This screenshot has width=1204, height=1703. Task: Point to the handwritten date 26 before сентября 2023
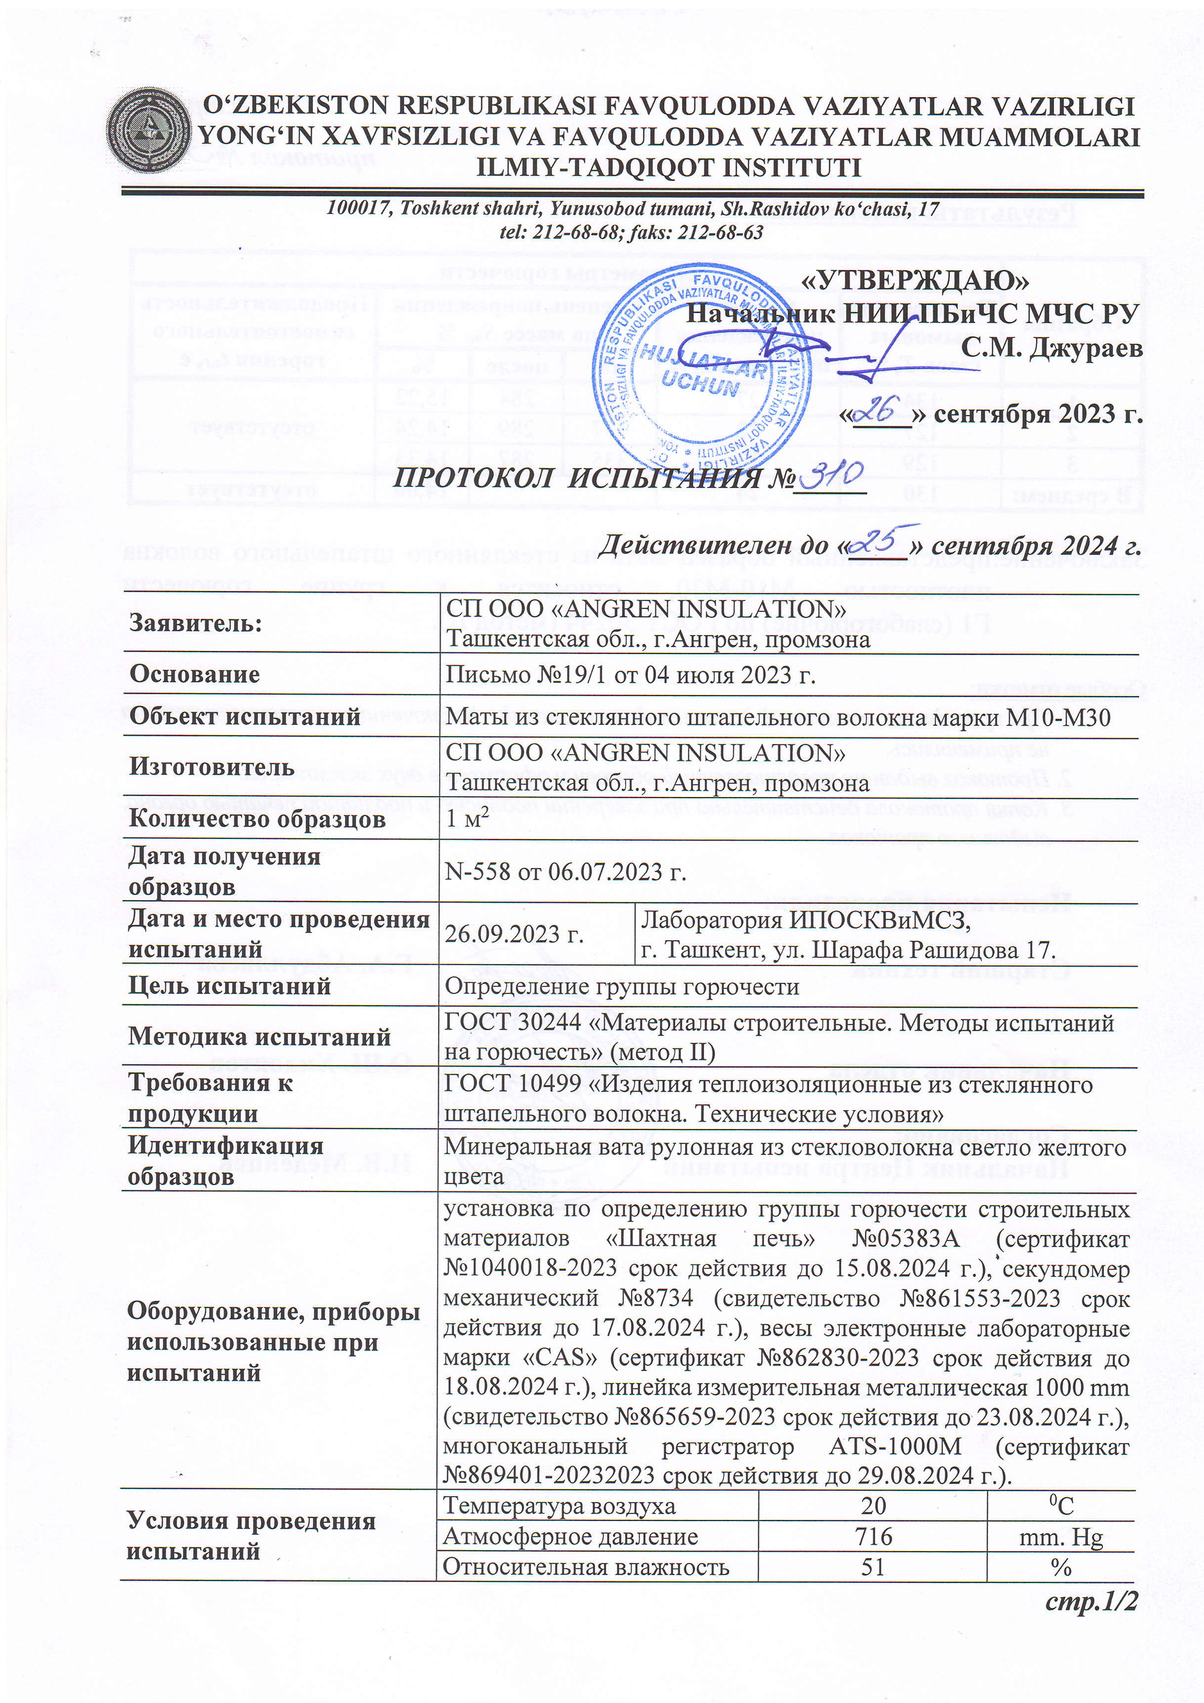coord(882,409)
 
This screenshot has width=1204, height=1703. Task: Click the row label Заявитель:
coord(196,623)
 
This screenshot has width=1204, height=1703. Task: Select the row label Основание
coord(194,674)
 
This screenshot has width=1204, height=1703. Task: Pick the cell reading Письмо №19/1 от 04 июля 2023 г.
coord(630,674)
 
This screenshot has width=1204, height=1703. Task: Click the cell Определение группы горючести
coord(622,986)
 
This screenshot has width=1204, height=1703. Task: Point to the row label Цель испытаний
coord(229,986)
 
